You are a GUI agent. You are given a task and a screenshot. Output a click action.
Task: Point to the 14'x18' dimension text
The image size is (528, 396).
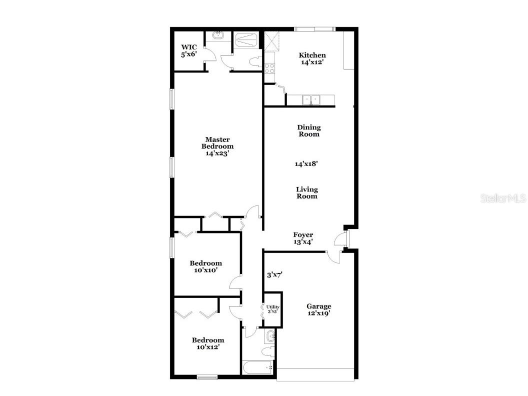tap(306, 163)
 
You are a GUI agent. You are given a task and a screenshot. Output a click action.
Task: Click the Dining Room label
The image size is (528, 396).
tap(308, 130)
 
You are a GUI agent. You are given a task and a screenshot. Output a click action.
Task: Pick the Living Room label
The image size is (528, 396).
tap(306, 192)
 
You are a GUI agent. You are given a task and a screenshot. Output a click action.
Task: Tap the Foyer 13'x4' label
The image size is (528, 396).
tap(303, 238)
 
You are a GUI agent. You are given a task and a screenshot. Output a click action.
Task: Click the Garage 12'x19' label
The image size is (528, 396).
tap(318, 309)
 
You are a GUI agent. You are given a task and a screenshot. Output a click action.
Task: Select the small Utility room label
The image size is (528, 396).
tap(272, 309)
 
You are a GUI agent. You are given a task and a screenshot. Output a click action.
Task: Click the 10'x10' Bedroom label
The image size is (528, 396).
tap(205, 266)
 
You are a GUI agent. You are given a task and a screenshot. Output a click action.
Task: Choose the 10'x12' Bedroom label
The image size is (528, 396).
tap(208, 343)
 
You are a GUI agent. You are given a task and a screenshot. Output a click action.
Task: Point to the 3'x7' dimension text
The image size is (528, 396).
tap(275, 274)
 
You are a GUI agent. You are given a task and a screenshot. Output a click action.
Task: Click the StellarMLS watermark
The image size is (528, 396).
tap(503, 198)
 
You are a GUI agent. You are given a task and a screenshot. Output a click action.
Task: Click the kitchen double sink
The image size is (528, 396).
tap(310, 100)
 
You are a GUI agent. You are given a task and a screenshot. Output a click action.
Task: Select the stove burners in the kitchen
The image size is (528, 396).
tap(269, 68)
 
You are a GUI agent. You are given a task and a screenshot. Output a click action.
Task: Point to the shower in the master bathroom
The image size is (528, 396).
tap(246, 40)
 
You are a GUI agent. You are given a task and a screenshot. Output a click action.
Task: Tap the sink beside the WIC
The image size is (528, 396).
tap(218, 36)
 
